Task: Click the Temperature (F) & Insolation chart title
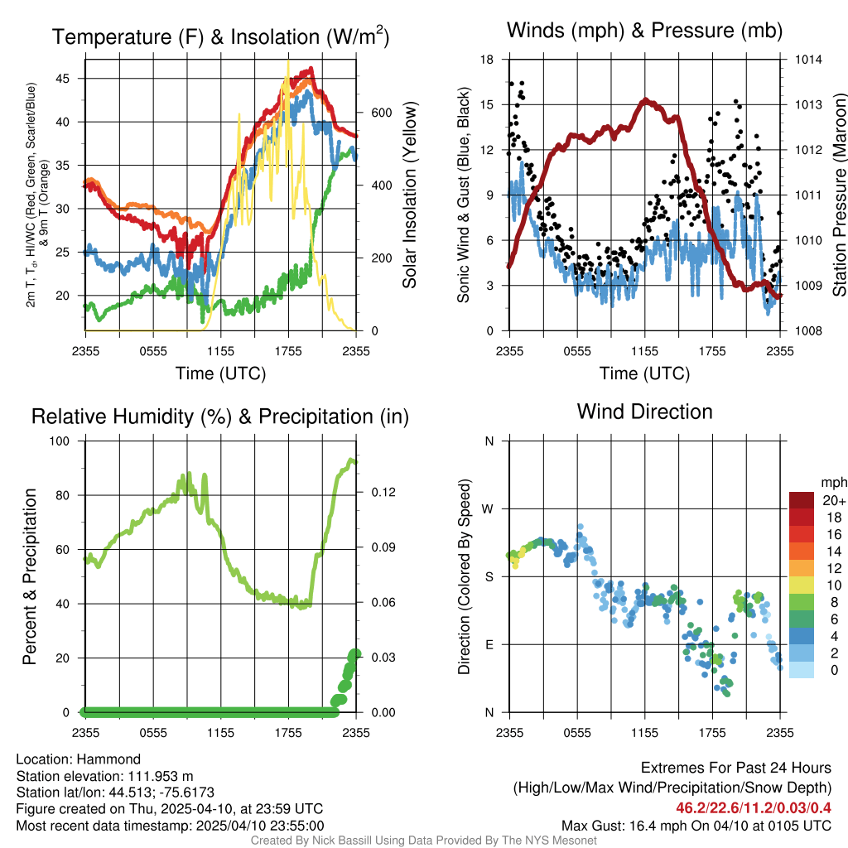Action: (x=220, y=36)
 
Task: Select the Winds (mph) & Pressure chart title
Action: (x=644, y=31)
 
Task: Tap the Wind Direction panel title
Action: (x=644, y=412)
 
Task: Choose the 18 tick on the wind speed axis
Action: (x=487, y=60)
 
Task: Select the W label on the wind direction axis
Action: (x=489, y=508)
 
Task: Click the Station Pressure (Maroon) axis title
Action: (x=839, y=195)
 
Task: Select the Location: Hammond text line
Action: (x=79, y=759)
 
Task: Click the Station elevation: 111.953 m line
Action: (x=105, y=776)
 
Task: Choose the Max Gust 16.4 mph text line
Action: (x=696, y=825)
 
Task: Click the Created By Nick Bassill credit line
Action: (x=423, y=840)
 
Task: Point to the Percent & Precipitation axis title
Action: (x=31, y=576)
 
